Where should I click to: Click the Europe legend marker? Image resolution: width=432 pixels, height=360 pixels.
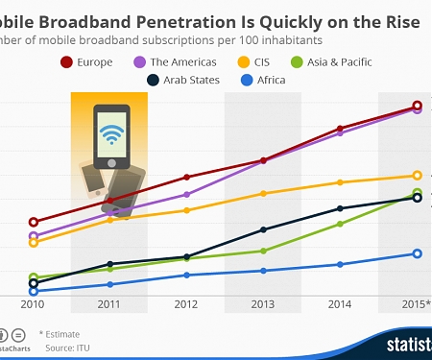pos(66,62)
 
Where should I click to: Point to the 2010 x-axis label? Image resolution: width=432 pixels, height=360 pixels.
pos(33,304)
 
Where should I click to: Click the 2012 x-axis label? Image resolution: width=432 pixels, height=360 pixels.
pos(186,304)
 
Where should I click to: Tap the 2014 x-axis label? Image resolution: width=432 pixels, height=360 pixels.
pos(340,304)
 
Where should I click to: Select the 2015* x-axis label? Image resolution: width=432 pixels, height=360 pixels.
pos(416,304)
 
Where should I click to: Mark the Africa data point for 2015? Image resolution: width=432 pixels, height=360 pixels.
pos(417,253)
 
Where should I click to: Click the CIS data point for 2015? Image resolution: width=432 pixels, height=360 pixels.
pos(417,176)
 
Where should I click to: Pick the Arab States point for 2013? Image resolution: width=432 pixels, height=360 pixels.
pos(263,229)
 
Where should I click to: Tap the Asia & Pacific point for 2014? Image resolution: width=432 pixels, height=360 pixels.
pos(340,224)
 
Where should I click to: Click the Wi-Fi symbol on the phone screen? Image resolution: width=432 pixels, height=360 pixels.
pos(112,131)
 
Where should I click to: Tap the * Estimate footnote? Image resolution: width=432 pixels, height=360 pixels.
pos(60,333)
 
